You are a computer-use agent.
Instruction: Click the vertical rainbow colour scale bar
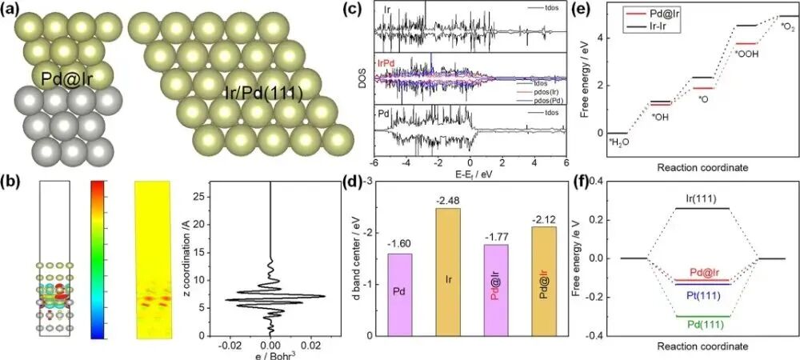pyautogui.click(x=99, y=250)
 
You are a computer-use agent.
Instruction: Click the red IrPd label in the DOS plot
pyautogui.click(x=390, y=62)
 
